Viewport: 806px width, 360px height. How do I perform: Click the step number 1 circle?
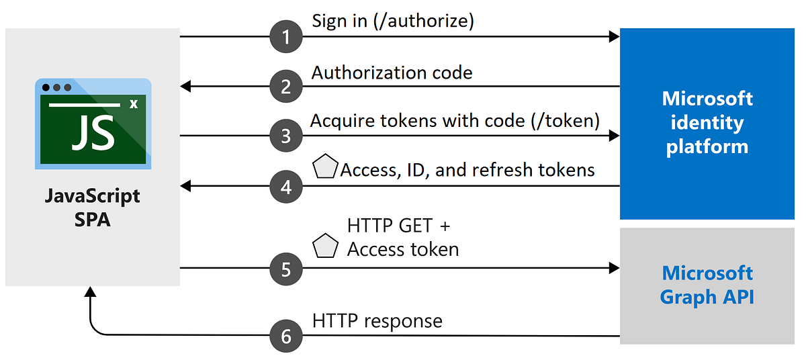286,37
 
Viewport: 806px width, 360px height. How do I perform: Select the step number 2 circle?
286,86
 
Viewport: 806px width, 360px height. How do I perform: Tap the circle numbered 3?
286,136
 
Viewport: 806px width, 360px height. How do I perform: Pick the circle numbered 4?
286,185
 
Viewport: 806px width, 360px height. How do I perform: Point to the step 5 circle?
286,269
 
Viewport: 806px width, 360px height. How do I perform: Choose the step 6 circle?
286,334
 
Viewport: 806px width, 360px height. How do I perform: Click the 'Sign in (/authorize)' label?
393,21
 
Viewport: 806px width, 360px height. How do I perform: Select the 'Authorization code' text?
392,72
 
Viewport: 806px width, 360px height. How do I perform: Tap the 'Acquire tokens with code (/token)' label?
455,121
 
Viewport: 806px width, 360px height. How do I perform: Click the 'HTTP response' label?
377,320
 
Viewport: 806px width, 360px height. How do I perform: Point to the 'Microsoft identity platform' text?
707,122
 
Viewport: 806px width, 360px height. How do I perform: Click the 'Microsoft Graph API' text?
707,285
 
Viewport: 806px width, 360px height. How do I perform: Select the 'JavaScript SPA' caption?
93,208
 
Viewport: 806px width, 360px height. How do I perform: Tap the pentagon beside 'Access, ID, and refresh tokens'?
325,168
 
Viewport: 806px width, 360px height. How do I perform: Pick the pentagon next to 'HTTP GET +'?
325,246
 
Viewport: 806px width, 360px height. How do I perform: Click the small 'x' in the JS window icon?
133,104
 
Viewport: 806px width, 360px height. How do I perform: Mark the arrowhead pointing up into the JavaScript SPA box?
89,292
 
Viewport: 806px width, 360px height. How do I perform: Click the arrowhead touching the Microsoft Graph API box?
613,269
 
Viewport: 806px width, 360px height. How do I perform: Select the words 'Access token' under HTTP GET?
403,249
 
